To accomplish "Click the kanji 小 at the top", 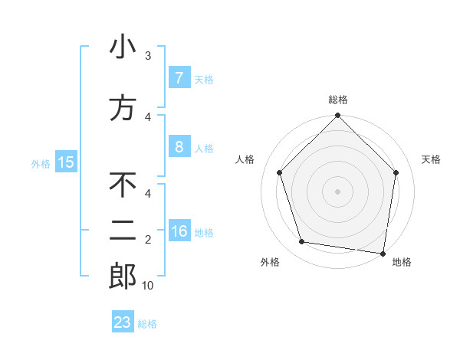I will click(123, 47).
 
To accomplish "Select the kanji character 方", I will click(123, 108).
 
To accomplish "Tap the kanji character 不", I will click(123, 185).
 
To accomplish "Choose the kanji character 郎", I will click(123, 277).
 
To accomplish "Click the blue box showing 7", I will click(179, 77).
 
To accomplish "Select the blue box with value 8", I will click(179, 147).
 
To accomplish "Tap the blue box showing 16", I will click(179, 232).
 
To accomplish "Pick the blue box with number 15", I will click(65, 162).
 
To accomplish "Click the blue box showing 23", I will click(123, 322).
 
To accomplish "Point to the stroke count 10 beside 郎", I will click(148, 286).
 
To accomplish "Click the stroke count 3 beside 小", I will click(148, 56).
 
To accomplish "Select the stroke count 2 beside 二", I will click(148, 240).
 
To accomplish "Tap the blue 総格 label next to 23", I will click(147, 324).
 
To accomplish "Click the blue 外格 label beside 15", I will click(41, 163).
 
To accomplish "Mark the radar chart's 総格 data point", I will click(337, 116).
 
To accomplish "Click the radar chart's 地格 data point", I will click(383, 253).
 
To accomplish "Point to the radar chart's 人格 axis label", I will click(245, 159).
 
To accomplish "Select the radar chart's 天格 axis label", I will click(431, 159).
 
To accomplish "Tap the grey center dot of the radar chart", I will click(337, 191).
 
